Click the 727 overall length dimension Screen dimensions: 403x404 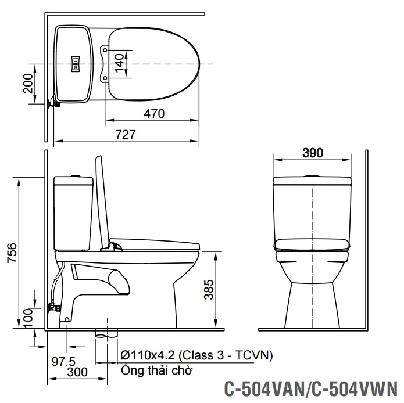[126, 134]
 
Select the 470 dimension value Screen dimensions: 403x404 [155, 114]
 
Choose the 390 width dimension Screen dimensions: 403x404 [313, 153]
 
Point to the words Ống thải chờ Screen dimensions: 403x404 [157, 370]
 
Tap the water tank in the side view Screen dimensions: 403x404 [73, 212]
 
